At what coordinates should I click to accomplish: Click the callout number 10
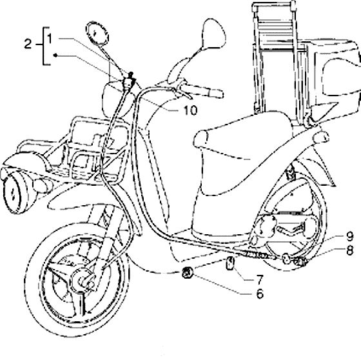click(x=190, y=110)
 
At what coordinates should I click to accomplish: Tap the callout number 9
click(x=349, y=235)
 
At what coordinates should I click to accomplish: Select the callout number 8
click(x=349, y=250)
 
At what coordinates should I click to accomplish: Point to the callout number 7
click(x=259, y=280)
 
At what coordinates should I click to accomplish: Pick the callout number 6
click(x=260, y=294)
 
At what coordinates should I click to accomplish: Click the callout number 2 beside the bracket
click(x=28, y=44)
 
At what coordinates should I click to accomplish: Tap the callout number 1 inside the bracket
click(x=50, y=39)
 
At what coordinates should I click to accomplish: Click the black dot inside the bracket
click(x=55, y=55)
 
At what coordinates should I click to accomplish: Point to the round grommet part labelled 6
click(x=187, y=272)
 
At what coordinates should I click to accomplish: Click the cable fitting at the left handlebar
click(x=128, y=81)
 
